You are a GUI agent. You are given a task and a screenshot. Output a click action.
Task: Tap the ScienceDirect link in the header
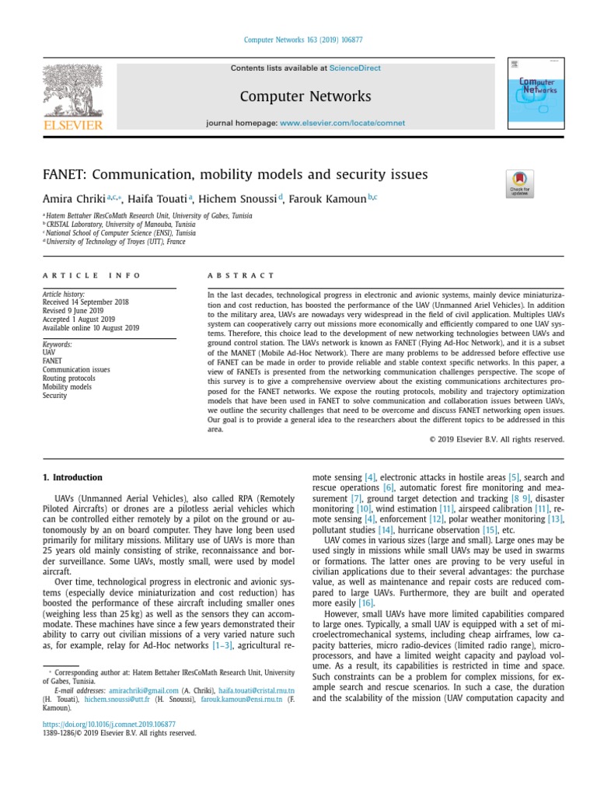[x=355, y=68]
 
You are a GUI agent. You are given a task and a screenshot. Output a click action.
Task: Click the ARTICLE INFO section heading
[x=92, y=275]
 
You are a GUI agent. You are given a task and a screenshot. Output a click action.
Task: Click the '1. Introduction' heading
[x=72, y=477]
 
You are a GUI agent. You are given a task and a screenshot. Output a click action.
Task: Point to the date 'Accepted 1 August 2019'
[x=79, y=319]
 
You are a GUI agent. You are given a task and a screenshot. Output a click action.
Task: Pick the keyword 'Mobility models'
[x=67, y=387]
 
